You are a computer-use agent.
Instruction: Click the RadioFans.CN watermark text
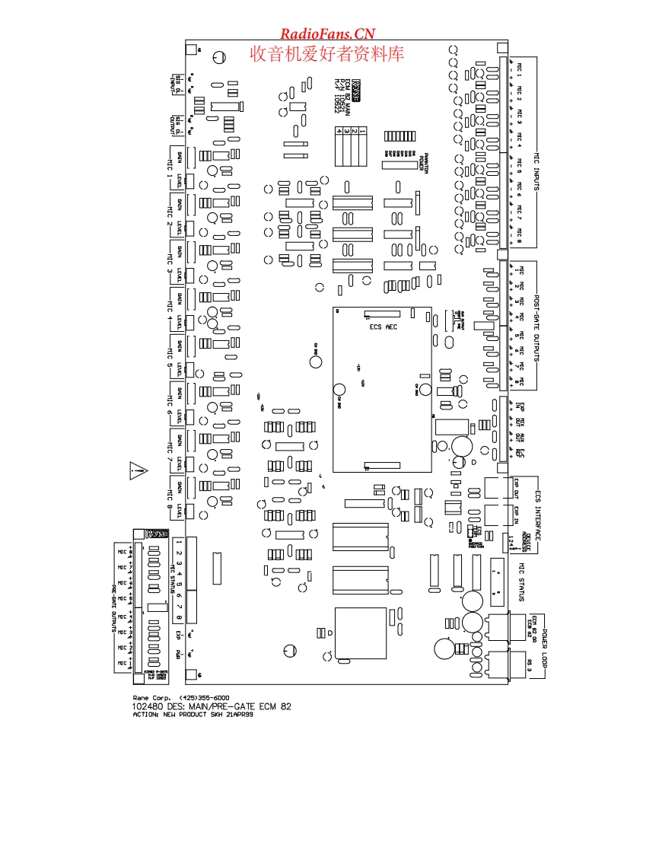328,33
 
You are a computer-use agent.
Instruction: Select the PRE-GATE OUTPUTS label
114,609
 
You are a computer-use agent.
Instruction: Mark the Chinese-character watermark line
328,53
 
